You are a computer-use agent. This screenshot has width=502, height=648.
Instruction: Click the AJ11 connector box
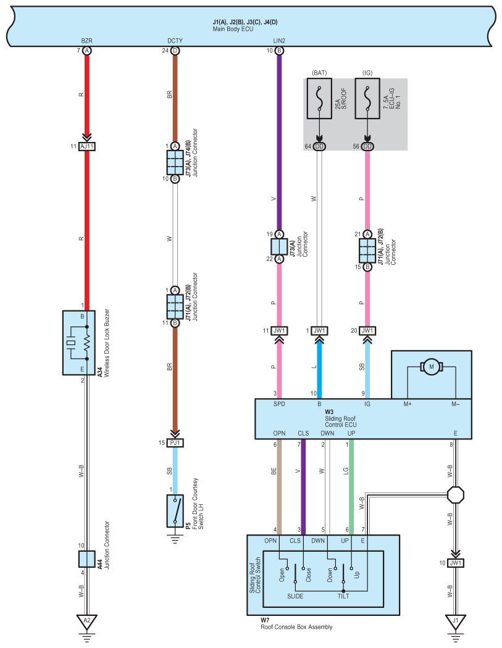tap(87, 146)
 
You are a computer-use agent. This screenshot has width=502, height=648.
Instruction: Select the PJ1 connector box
tap(175, 442)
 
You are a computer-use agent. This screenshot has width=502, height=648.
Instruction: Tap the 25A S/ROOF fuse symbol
tap(319, 99)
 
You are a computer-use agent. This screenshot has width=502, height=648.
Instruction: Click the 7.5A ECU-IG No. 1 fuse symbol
tap(367, 99)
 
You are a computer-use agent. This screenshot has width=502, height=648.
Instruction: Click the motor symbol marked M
tap(431, 367)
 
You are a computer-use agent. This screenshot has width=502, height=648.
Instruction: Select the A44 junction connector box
tap(87, 559)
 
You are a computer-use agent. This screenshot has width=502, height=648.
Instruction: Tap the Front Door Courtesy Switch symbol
tap(175, 511)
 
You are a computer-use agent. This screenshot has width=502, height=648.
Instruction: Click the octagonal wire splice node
tap(455, 495)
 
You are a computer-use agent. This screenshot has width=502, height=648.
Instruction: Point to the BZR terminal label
tap(87, 41)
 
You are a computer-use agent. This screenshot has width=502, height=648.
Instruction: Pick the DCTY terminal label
tap(175, 41)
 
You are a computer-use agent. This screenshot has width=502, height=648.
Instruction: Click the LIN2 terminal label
tap(279, 41)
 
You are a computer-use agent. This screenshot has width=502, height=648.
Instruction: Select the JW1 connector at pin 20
tap(367, 331)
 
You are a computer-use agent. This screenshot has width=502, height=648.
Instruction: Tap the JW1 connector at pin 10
tap(455, 563)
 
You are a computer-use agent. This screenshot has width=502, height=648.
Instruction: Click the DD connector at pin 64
tap(319, 146)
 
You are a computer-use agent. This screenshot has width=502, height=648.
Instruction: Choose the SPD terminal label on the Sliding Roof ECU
tap(279, 404)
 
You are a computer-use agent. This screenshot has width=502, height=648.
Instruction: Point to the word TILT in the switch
tap(343, 596)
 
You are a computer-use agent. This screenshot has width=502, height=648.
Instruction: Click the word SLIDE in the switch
tap(295, 596)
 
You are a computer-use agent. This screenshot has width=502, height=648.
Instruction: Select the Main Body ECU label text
tap(233, 30)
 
